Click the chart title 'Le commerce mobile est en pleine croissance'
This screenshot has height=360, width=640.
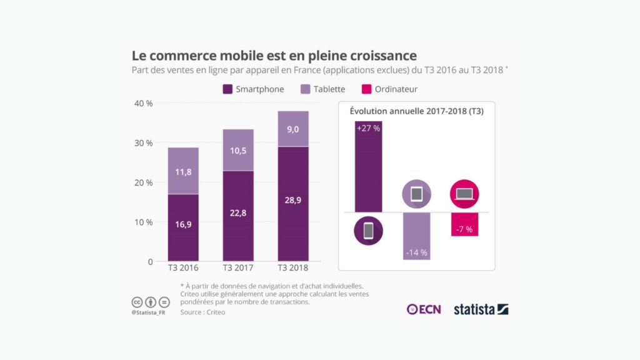click(274, 56)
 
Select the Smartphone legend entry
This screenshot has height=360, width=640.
click(253, 89)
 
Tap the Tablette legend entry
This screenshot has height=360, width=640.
click(322, 89)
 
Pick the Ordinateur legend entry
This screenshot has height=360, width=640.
click(390, 89)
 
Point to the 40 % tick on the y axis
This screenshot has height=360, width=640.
click(144, 103)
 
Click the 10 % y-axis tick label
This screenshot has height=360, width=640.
click(144, 222)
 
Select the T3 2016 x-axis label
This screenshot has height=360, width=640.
click(183, 269)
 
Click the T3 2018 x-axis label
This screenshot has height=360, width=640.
click(293, 269)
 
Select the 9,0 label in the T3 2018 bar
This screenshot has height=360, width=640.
click(293, 129)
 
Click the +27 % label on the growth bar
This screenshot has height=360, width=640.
click(368, 127)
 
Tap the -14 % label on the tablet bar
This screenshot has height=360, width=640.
click(416, 252)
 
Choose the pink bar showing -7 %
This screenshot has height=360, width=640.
click(464, 224)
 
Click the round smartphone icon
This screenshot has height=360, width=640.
click(368, 231)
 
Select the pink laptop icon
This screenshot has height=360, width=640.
click(464, 194)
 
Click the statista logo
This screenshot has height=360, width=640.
click(481, 309)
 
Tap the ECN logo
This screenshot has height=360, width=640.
click(424, 309)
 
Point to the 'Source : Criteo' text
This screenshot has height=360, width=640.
click(202, 312)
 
